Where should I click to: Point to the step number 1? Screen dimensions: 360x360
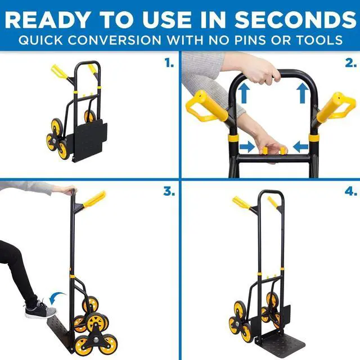[169, 64]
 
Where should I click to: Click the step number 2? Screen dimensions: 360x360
[349, 64]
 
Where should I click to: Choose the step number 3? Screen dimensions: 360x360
[169, 191]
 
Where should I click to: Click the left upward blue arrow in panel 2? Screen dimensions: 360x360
[244, 92]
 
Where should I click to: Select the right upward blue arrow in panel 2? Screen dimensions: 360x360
[302, 92]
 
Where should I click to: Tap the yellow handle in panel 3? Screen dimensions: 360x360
[94, 199]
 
